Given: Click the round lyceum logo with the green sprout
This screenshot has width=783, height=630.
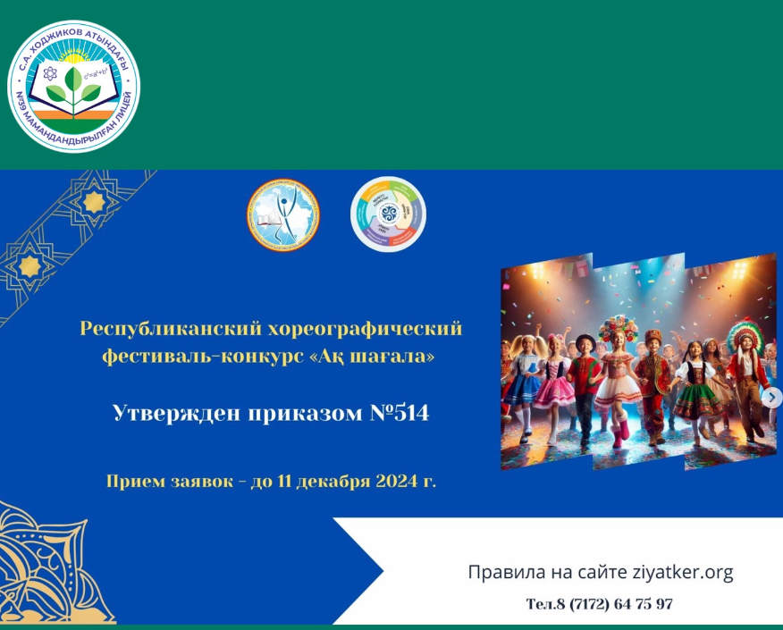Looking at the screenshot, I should coord(75,86).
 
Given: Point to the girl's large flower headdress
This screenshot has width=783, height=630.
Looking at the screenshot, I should coord(619,327).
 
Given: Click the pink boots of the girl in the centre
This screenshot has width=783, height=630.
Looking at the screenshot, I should coord(619,433).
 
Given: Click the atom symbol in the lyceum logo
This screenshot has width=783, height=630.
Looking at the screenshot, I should coord(50,72).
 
